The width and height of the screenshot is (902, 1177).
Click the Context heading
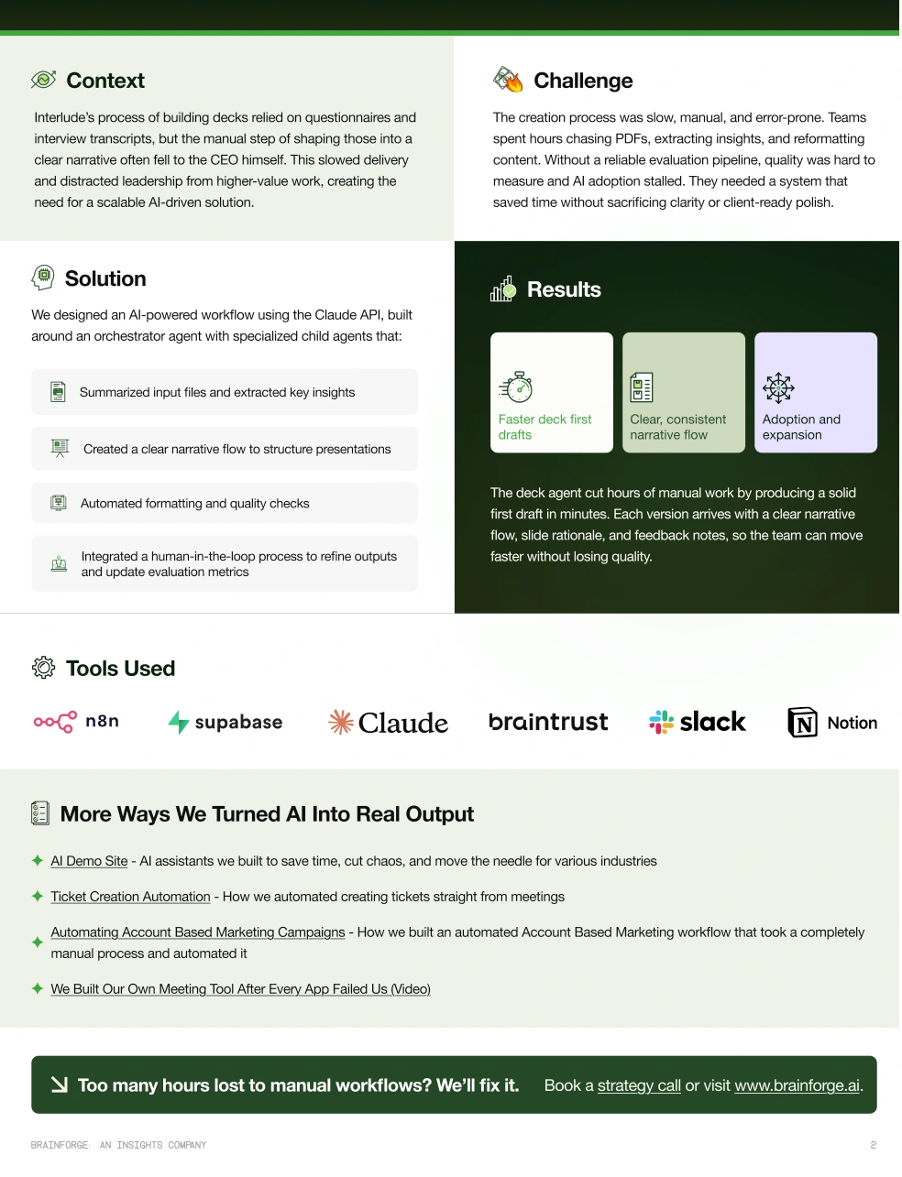[x=105, y=81]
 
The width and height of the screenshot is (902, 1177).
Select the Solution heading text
[x=105, y=278]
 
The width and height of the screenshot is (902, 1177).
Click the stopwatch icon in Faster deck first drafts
[x=517, y=387]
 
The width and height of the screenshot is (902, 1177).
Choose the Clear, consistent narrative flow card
[x=684, y=393]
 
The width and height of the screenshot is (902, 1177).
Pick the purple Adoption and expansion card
[x=816, y=393]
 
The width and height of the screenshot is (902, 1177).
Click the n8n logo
[x=77, y=722]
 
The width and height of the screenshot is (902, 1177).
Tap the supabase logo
[x=225, y=723]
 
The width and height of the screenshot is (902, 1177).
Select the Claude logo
[x=389, y=723]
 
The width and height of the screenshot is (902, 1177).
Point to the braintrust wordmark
[x=548, y=722]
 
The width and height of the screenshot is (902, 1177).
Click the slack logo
[x=698, y=722]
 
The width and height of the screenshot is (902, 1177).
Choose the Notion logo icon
[x=803, y=723]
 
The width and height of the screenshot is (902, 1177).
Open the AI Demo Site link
[x=89, y=861]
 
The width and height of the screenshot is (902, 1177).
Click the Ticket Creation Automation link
[x=130, y=897]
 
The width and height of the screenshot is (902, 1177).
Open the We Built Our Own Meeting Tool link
[x=240, y=989]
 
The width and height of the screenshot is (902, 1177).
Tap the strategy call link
[x=639, y=1085]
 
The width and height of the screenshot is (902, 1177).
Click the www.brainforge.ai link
[x=797, y=1085]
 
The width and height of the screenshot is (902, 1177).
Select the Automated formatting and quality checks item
[x=194, y=504]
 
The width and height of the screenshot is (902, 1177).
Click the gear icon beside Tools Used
[x=43, y=668]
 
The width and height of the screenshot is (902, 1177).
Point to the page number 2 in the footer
[x=873, y=1145]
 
